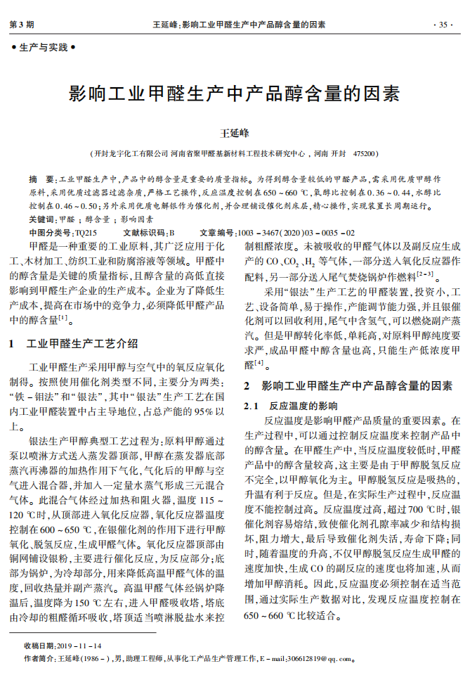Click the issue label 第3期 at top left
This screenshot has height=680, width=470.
(22, 25)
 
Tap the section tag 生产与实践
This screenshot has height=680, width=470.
(44, 48)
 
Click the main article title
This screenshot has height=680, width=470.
(235, 94)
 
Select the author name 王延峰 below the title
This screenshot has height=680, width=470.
(235, 131)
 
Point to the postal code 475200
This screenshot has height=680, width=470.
(365, 153)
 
